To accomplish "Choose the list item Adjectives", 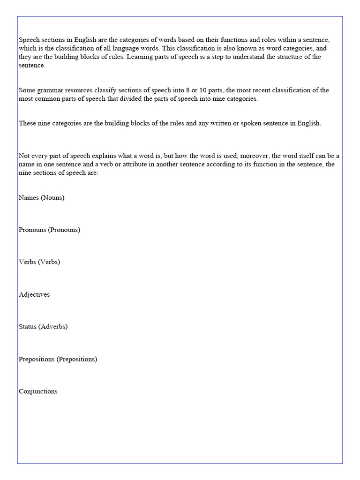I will [x=34, y=294].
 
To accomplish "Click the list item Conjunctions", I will [x=38, y=391].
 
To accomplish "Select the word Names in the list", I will [x=29, y=197].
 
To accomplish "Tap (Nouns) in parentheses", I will [x=52, y=197].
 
